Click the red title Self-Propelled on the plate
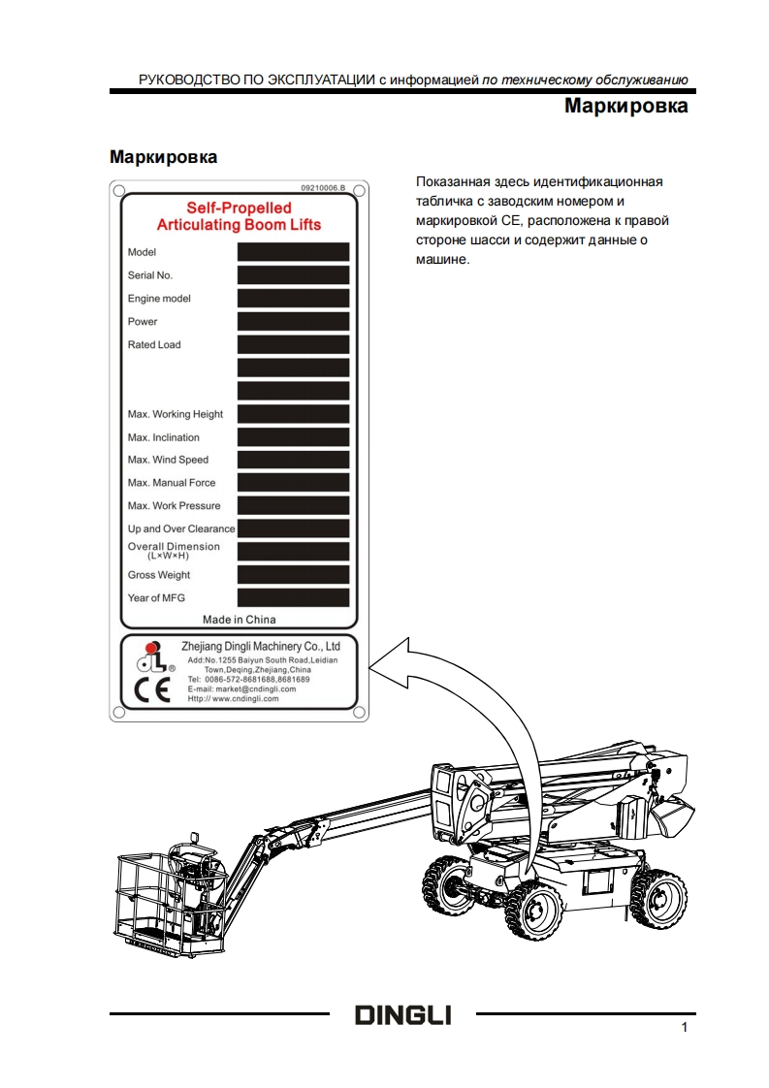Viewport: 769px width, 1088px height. [239, 208]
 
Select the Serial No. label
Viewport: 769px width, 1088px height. [150, 275]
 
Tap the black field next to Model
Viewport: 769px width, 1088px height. [293, 252]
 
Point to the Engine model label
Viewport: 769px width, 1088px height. [159, 299]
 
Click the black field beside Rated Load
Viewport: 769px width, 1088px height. [293, 345]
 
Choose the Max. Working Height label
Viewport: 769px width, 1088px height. [176, 414]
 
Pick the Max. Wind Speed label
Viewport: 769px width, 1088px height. [168, 460]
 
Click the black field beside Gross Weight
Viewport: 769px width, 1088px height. [293, 575]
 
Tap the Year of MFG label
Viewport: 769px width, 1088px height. [156, 598]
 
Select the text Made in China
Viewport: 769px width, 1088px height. [239, 620]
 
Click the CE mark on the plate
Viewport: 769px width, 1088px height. [145, 694]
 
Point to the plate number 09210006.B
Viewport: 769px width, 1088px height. [323, 187]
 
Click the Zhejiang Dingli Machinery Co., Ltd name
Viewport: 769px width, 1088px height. [261, 646]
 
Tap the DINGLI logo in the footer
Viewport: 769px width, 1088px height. [402, 1015]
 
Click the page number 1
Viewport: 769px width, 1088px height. [685, 1028]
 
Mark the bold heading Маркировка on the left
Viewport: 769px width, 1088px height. [163, 156]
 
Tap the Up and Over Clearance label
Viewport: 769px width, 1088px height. [181, 528]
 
